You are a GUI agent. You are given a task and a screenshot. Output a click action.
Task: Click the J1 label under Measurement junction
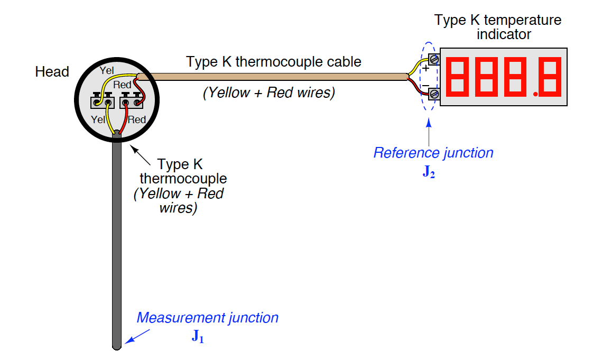[x=197, y=337]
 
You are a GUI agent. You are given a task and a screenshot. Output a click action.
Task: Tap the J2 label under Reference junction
[x=429, y=172]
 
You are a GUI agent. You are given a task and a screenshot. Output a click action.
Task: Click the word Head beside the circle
[x=52, y=72]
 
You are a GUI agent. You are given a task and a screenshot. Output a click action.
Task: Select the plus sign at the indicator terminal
[x=426, y=68]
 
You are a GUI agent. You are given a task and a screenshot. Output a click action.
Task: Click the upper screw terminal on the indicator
[x=434, y=58]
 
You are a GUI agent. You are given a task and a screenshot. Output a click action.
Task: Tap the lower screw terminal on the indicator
[x=434, y=94]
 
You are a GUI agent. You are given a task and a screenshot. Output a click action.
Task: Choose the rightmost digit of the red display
[x=550, y=77]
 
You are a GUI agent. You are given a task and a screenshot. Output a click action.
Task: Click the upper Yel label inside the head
[x=106, y=70]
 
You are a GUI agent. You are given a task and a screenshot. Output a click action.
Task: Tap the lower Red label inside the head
[x=136, y=120]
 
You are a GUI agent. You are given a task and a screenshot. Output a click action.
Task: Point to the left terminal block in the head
[x=103, y=100]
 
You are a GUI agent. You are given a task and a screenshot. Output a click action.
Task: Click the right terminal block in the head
[x=132, y=100]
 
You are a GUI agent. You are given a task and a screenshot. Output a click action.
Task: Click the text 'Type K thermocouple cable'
[x=274, y=62]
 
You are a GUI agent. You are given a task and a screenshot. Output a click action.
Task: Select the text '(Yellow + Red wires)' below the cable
[x=269, y=93]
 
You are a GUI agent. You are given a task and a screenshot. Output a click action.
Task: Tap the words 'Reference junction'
[x=433, y=153]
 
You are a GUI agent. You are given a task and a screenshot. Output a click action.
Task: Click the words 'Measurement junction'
[x=207, y=318]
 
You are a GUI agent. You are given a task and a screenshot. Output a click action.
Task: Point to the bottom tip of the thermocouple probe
[x=117, y=346]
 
